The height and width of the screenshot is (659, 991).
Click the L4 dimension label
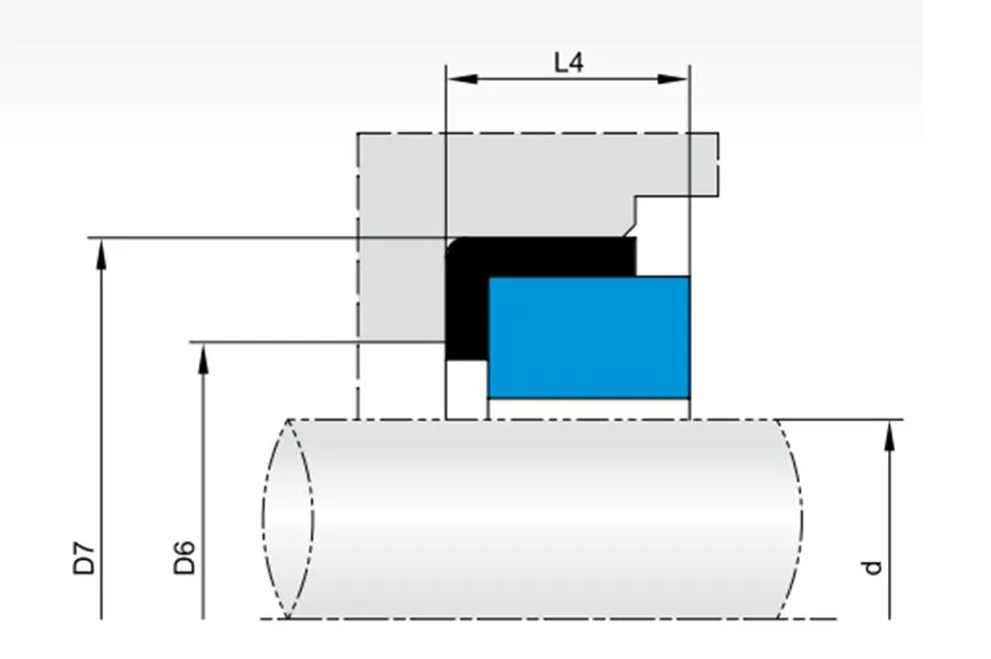[568, 62]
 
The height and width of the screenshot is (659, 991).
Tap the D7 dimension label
[87, 558]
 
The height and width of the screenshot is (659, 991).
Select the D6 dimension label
[184, 558]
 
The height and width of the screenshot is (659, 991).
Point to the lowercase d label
[871, 567]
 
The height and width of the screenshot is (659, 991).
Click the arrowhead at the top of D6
[203, 354]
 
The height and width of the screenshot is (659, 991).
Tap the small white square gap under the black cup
[466, 388]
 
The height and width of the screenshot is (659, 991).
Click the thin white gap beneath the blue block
[589, 408]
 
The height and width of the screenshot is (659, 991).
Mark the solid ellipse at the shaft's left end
[287, 518]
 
